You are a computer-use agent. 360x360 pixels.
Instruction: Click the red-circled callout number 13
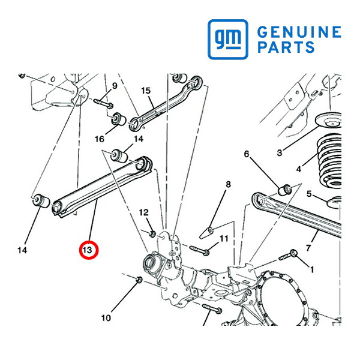[89, 250]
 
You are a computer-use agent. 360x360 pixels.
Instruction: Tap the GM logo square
[228, 39]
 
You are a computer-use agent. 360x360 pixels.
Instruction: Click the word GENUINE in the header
[299, 32]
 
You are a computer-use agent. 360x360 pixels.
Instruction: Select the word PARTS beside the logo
[286, 47]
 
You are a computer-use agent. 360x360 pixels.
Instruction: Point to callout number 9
[115, 86]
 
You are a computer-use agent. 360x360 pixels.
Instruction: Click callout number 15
[146, 91]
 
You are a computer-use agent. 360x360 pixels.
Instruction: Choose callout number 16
[100, 139]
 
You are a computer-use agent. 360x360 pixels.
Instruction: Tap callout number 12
[144, 212]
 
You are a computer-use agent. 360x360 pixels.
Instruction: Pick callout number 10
[106, 318]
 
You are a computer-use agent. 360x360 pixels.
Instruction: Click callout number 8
[228, 184]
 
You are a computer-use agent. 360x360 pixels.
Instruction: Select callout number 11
[224, 239]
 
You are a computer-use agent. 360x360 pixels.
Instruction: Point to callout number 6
[247, 154]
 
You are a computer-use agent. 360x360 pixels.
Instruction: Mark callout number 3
[280, 152]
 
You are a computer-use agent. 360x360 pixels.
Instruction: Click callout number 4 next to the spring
[298, 169]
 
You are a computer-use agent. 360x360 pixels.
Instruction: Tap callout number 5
[309, 194]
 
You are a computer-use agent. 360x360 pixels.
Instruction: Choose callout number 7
[308, 248]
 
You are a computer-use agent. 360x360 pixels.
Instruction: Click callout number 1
[312, 269]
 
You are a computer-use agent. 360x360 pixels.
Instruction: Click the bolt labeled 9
[103, 103]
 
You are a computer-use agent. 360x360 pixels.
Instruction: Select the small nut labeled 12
[152, 234]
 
